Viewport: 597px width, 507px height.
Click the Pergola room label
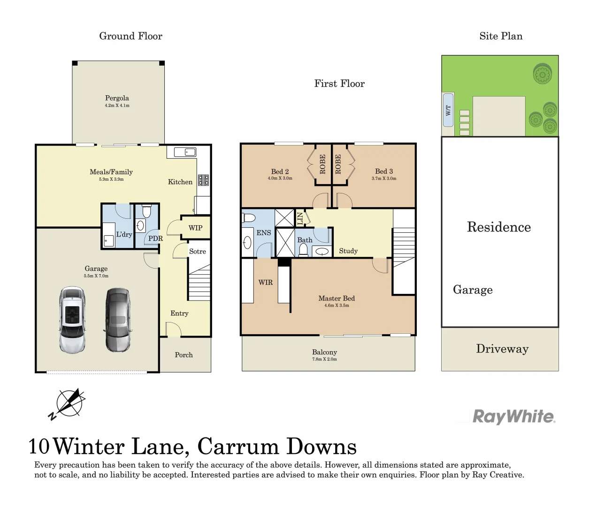tap(117, 98)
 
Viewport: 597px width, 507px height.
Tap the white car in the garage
tap(72, 320)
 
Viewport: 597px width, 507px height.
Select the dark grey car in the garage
tap(117, 320)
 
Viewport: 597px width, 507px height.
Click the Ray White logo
tap(513, 416)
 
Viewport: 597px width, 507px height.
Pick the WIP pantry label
tap(195, 228)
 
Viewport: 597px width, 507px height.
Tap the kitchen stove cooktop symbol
tap(203, 180)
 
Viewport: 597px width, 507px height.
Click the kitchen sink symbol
tap(185, 152)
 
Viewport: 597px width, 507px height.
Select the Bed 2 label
tap(280, 172)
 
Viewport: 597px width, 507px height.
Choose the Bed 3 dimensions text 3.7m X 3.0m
tap(384, 178)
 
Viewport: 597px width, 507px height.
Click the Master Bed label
tap(337, 299)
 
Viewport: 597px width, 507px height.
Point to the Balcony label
tap(324, 352)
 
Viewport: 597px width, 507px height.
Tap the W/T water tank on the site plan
tap(448, 110)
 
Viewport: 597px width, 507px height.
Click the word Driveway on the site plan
tap(502, 349)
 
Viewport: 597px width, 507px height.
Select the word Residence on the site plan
tap(499, 227)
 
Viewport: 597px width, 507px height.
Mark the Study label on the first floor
tap(348, 251)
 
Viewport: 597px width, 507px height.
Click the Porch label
tap(184, 355)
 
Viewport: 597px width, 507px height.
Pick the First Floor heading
tap(339, 84)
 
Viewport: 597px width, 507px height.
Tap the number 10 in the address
tap(39, 446)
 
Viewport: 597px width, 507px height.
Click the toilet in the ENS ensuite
tap(249, 218)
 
